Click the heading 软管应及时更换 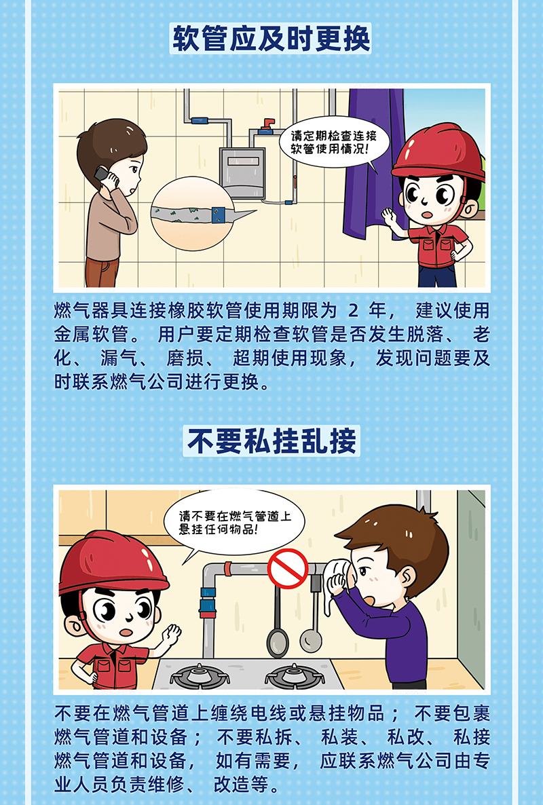[271, 39]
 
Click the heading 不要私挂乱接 [271, 441]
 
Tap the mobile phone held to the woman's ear [106, 175]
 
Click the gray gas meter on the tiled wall [242, 173]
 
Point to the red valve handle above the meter [267, 124]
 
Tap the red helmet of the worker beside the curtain [439, 151]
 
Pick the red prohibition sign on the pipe [288, 568]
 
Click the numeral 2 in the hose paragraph [353, 311]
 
